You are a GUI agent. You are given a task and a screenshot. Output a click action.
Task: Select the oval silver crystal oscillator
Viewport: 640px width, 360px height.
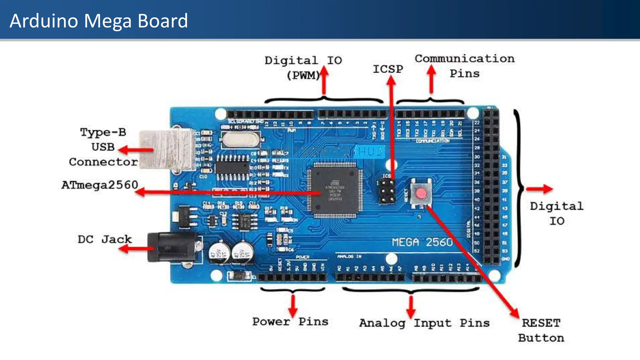[x=240, y=139]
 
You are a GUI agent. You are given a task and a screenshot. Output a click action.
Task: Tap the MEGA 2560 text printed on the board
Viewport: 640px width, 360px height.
[x=422, y=242]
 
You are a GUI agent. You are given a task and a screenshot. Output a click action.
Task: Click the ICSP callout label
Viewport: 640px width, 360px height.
[x=388, y=69]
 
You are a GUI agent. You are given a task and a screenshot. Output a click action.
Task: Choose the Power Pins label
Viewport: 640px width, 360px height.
[x=290, y=322]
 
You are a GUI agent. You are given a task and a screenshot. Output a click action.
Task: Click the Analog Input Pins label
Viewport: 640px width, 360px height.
[x=424, y=323]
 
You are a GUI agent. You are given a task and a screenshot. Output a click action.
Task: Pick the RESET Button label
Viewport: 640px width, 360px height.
[x=541, y=330]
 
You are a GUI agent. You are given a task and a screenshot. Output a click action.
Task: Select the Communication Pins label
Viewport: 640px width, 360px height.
[x=465, y=66]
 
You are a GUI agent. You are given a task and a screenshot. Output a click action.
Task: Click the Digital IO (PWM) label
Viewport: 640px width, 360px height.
[x=303, y=67]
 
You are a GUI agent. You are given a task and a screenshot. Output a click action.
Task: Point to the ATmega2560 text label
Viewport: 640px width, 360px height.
[x=100, y=185]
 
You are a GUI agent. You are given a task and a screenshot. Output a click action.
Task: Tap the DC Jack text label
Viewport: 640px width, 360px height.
[x=105, y=239]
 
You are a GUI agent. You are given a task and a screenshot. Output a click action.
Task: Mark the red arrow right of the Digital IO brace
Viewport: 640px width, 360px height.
[x=540, y=189]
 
